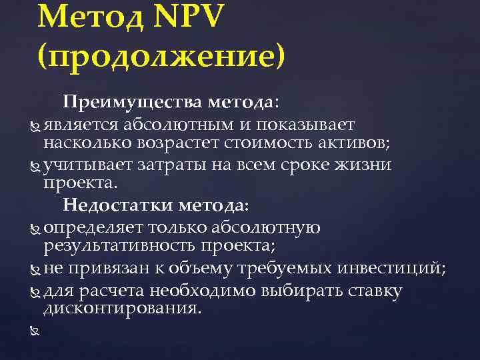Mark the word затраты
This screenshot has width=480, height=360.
coord(163,164)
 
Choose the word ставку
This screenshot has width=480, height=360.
coord(371,291)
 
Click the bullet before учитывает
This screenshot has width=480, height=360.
coord(36,165)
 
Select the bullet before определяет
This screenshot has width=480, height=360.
coord(36,228)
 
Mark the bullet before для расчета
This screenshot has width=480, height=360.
coord(36,291)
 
